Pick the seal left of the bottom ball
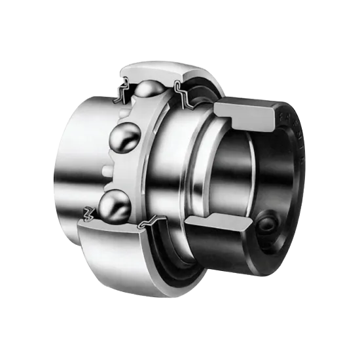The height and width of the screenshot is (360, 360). click(88, 213)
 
